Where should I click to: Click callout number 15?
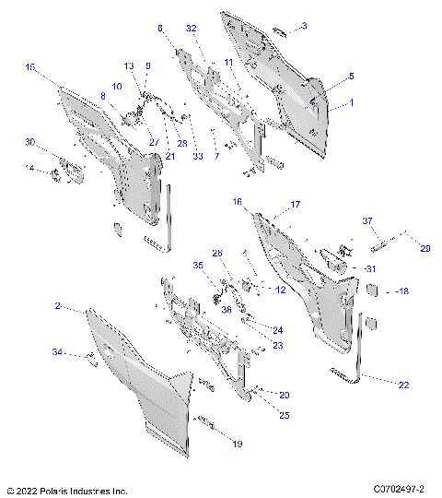(30, 67)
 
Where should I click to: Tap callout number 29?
(425, 249)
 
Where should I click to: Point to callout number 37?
(366, 221)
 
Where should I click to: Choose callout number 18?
(404, 290)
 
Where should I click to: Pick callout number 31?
(371, 268)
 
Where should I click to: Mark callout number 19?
(238, 444)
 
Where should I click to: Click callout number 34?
(57, 351)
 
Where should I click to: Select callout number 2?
(57, 305)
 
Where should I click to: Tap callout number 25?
(284, 416)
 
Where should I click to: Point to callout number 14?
(30, 169)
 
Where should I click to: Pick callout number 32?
(191, 29)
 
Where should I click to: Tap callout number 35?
(197, 265)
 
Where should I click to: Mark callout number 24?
(277, 329)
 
